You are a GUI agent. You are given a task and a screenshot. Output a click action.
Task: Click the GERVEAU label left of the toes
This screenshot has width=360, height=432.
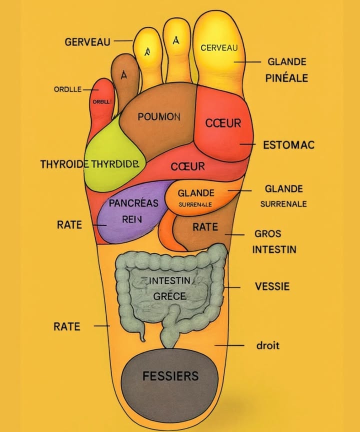click(x=87, y=42)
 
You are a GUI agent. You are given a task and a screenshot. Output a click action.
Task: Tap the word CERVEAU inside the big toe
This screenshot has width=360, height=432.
click(x=218, y=48)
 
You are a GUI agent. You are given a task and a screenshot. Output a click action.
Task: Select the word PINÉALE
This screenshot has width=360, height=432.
click(x=286, y=78)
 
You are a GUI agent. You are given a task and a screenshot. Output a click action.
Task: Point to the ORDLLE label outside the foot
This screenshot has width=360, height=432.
click(x=67, y=89)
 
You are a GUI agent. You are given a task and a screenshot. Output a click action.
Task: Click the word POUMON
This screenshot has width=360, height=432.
click(x=159, y=117)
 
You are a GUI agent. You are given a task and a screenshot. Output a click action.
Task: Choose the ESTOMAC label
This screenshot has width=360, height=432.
click(x=289, y=145)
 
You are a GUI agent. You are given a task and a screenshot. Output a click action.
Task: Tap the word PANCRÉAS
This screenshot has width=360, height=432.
click(x=133, y=203)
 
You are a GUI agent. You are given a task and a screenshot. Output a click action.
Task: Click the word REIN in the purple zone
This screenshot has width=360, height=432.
click(x=132, y=218)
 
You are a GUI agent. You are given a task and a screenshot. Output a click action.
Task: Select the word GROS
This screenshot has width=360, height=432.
click(x=268, y=233)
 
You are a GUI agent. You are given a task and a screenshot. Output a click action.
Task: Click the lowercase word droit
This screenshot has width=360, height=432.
click(x=268, y=345)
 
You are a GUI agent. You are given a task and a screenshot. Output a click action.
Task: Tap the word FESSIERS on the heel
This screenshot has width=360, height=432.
click(x=170, y=376)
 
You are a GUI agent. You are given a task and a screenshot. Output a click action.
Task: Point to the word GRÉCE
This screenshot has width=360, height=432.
click(x=170, y=296)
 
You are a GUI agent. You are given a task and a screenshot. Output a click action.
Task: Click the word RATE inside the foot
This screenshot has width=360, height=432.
click(x=205, y=227)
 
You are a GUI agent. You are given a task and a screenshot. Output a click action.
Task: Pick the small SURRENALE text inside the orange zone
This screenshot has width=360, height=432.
click(x=195, y=204)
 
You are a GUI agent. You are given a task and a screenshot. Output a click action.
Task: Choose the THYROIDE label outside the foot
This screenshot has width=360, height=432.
click(x=64, y=164)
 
